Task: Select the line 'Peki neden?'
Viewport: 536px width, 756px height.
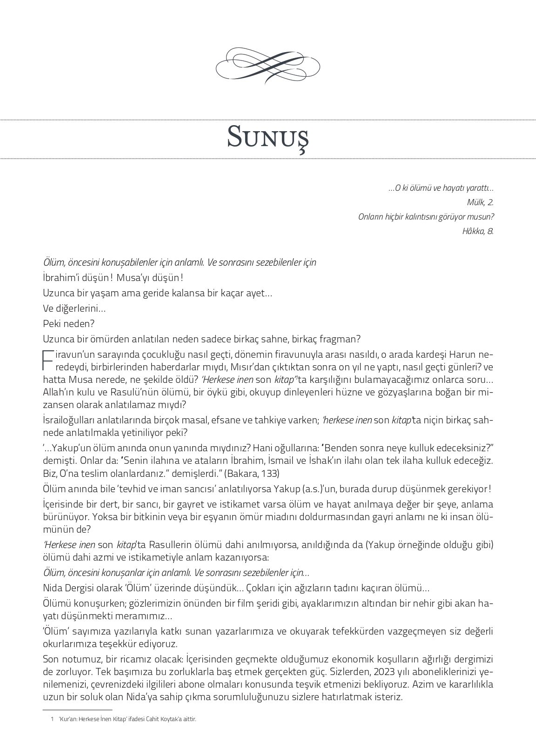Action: pyautogui.click(x=62, y=323)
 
